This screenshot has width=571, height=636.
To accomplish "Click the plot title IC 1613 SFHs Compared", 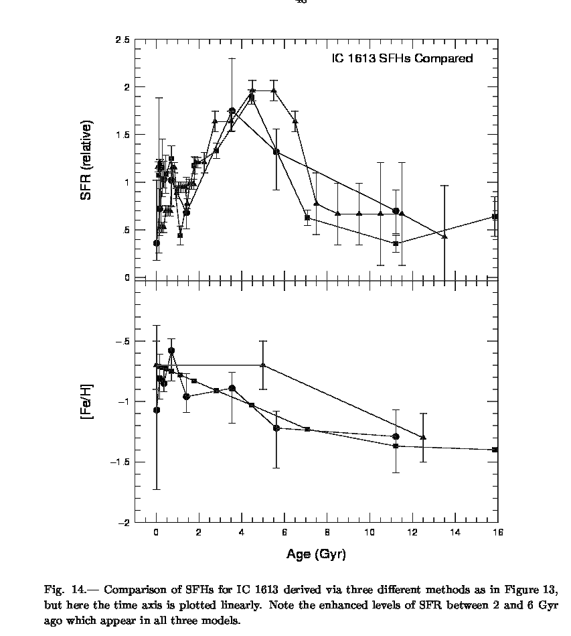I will pos(402,58).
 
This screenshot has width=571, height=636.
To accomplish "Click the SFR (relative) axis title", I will pos(86,161).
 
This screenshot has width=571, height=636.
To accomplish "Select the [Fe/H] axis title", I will pos(86,402).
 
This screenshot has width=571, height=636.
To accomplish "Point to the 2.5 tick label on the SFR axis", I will pos(122,40).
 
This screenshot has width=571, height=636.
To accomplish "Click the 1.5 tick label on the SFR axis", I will pos(122,135).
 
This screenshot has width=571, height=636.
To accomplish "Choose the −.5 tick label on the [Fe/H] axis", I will pos(122,341).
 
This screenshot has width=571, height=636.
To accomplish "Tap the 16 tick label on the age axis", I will pos(497,533).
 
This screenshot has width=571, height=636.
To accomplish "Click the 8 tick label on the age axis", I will pos(327,533).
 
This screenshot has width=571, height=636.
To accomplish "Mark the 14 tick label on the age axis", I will pos(455,533).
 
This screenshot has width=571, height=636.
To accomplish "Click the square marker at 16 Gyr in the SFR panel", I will pos(495,216).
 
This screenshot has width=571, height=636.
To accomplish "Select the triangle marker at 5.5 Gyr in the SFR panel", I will pos(274,90).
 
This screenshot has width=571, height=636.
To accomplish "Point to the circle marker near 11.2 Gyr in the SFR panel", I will pos(396,211).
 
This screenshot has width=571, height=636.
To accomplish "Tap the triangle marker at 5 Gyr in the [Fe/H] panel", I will pos(263,365).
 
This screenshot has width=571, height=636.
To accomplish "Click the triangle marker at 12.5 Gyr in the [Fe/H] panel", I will pos(423,437).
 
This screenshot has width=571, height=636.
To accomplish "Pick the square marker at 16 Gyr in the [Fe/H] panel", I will pos(495,450).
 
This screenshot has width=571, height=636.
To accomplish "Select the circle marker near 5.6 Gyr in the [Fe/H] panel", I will pos(276,428).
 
